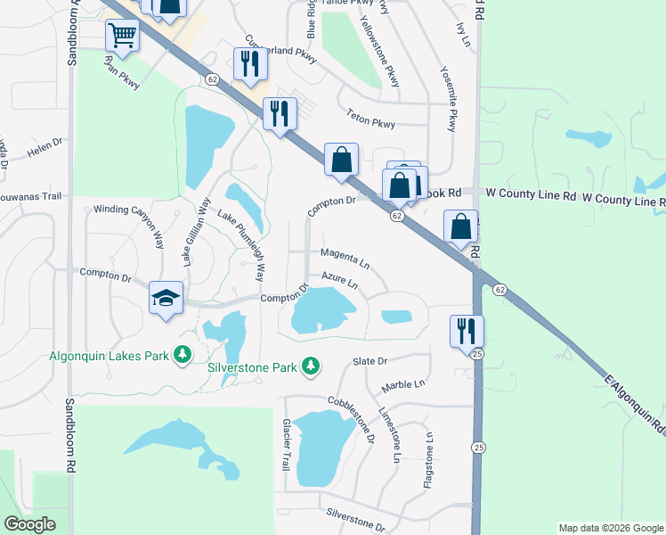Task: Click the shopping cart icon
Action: point(122,36)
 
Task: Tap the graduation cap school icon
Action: point(166,298)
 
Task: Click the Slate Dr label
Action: point(370,361)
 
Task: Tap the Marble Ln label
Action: point(404,385)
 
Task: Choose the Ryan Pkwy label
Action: point(122,73)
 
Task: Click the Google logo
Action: point(29,524)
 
